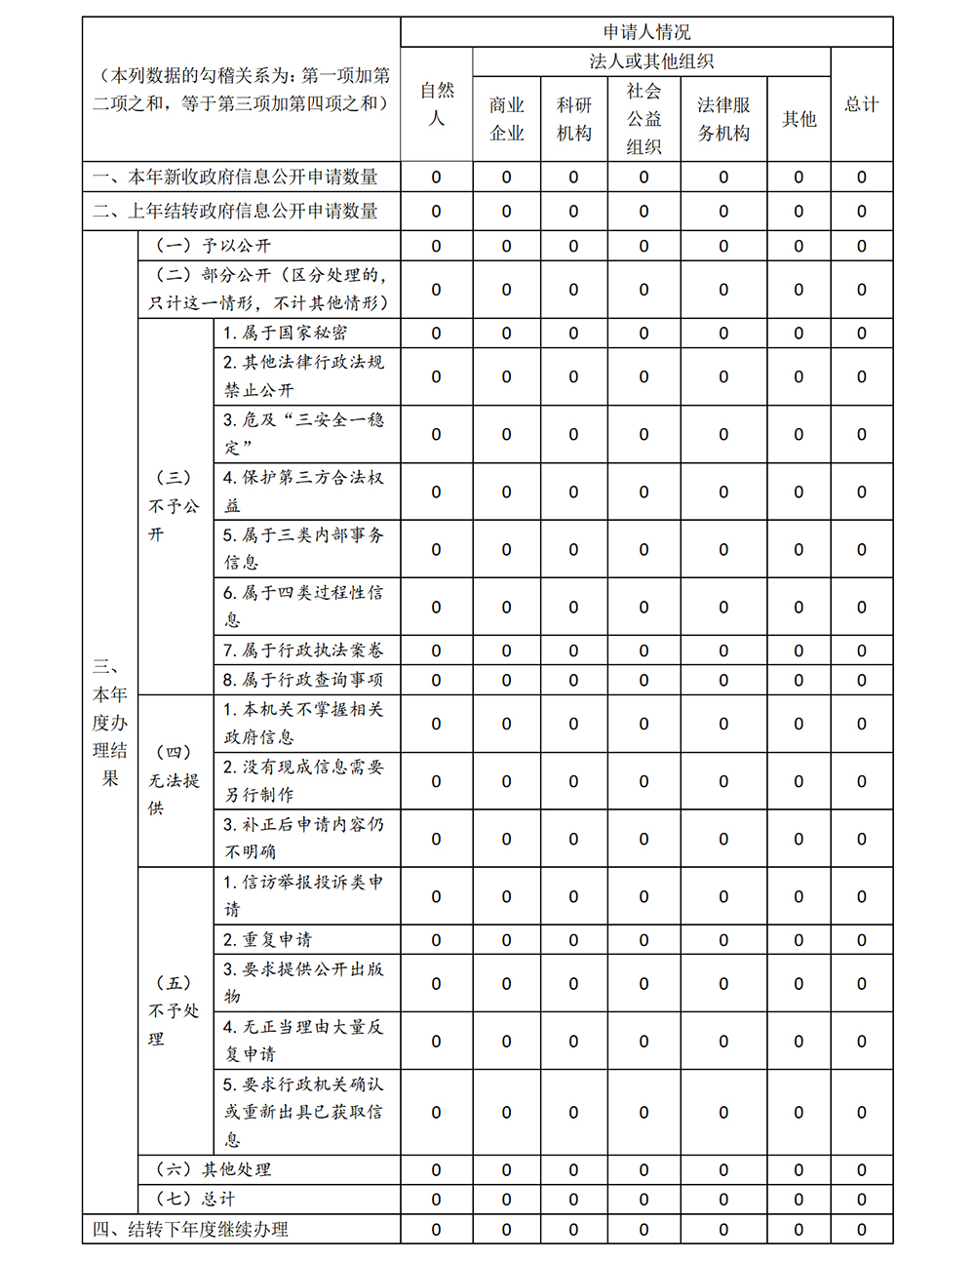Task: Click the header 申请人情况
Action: coord(646,32)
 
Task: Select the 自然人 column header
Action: coord(437,104)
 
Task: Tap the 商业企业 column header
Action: coord(507,119)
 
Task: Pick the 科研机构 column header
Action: coord(574,119)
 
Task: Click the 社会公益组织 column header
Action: coord(643,119)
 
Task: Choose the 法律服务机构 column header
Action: coord(723,119)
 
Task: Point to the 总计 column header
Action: coord(862,104)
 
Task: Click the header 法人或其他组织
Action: coord(651,61)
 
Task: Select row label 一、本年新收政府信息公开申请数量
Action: coord(236,177)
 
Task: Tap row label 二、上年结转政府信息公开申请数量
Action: coord(236,211)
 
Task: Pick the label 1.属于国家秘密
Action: coord(285,333)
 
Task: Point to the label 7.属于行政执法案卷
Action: coord(303,650)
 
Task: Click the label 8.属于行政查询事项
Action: coord(303,680)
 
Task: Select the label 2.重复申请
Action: coord(267,940)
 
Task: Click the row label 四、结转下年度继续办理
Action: coord(191,1229)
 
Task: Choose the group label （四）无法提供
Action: coord(175,780)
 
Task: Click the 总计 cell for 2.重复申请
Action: coord(862,940)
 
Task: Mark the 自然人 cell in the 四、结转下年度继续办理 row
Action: coord(437,1230)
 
